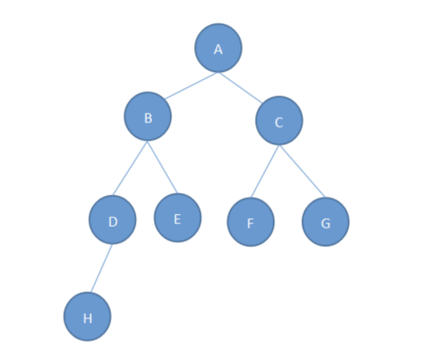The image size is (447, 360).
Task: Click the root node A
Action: coord(218,47)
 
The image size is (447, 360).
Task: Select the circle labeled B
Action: coord(148,116)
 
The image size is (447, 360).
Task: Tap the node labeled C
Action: coord(279,121)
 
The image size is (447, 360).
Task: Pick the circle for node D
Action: coord(113,220)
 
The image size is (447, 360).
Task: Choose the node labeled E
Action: coord(178,217)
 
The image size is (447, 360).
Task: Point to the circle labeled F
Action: coord(251,222)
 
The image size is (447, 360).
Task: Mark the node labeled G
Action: coord(325,222)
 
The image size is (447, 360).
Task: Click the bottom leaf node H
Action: coord(88,317)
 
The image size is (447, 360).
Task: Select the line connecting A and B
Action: coord(191,86)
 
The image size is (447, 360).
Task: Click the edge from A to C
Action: coord(240,87)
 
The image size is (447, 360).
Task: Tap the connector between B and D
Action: coord(130,168)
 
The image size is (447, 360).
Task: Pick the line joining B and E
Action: coord(163,167)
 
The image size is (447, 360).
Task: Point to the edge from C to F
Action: coord(265,172)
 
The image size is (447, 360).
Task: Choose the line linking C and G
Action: coord(302,171)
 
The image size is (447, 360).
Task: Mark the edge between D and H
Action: coord(102,268)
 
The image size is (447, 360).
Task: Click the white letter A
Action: coord(218,49)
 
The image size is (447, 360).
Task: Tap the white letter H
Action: coord(88,318)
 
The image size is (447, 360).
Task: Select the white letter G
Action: coord(325,223)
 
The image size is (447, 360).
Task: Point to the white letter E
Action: coord(178,219)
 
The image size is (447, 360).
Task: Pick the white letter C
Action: coord(279,122)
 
